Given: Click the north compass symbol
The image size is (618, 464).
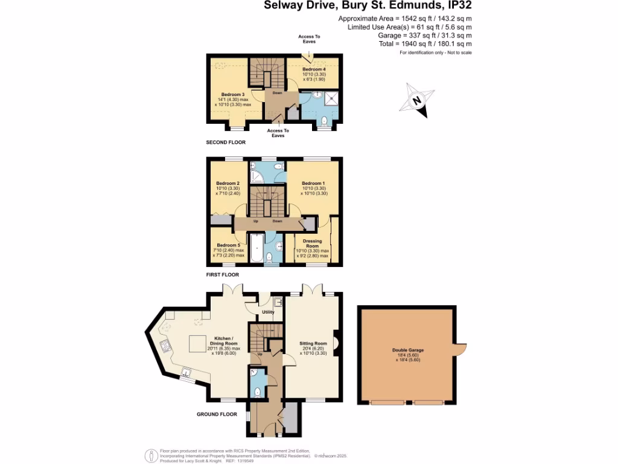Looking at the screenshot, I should point(417,101).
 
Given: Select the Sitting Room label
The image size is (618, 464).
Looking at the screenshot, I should point(313,343).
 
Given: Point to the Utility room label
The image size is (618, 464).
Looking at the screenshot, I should point(268,312).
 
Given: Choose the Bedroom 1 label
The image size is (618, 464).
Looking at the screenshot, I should point(313,184).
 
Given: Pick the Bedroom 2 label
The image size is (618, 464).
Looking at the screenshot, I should point(228,184).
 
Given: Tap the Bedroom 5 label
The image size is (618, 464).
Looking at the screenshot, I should point(228,245).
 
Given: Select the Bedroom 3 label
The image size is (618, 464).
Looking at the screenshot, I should point(232,95).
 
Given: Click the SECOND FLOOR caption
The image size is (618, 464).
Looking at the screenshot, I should point(226,143).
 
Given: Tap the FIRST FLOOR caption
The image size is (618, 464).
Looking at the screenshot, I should point(223,274).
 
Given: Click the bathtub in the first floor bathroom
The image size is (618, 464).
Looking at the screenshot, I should point(256,248).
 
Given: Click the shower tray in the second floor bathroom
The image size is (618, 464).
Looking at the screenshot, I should point(331,97).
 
